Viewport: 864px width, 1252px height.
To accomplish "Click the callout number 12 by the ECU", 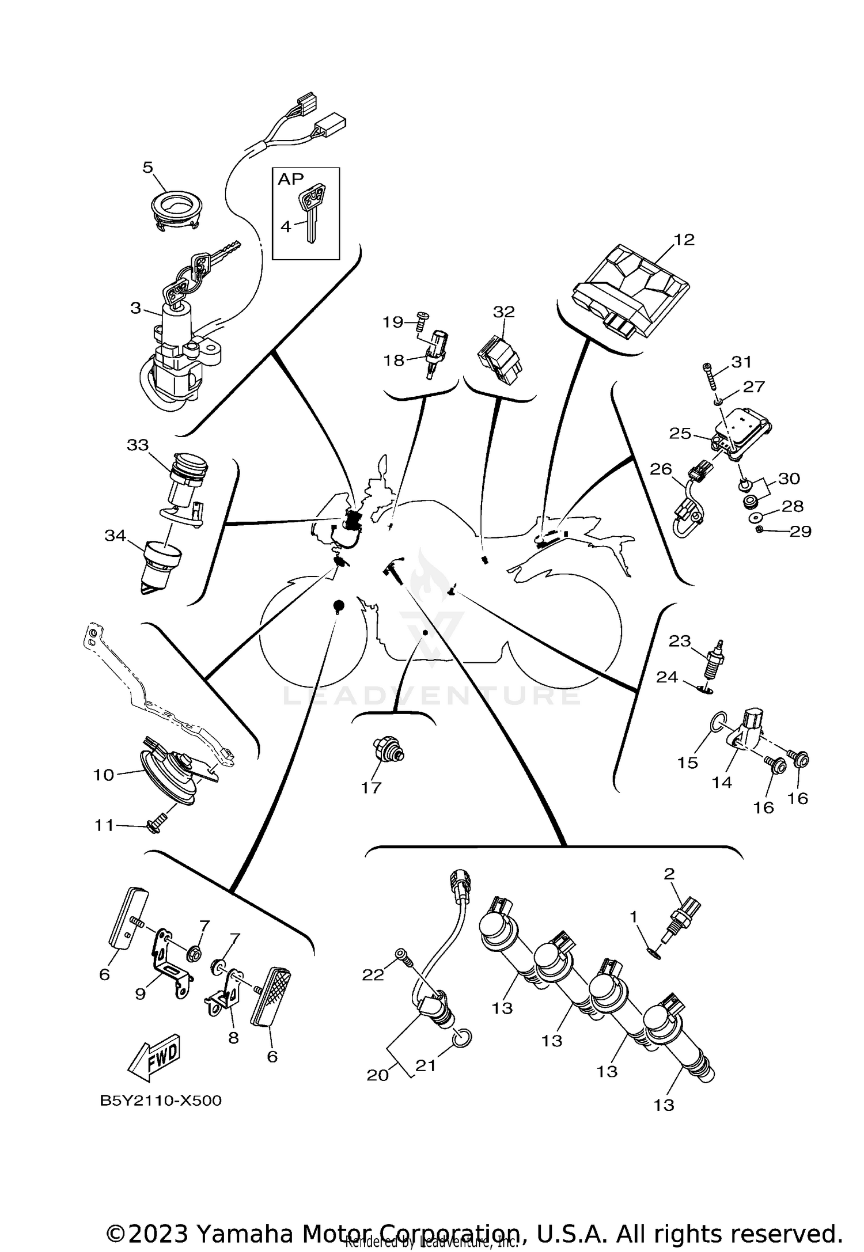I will point(684,240).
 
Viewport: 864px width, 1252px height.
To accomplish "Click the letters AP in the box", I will point(290,179).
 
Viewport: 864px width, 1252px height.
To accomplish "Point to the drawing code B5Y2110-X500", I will point(161,1101).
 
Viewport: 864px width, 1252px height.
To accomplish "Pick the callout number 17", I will point(372,787).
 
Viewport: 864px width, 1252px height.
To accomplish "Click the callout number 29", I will point(800,531).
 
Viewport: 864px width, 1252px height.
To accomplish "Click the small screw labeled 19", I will point(422,317).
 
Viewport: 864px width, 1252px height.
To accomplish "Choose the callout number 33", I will point(138,445).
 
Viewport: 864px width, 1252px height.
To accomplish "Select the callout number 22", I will point(373,974).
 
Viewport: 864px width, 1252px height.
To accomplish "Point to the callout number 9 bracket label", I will point(141,994).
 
